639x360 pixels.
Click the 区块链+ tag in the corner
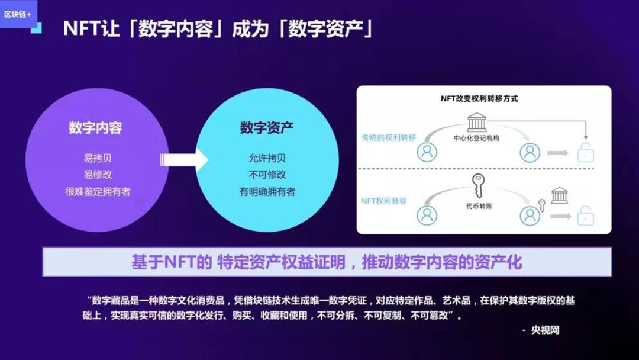click(x=18, y=13)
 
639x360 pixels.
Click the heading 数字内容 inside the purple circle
click(x=95, y=127)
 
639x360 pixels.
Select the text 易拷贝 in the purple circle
click(x=98, y=158)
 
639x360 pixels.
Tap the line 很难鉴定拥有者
click(x=98, y=191)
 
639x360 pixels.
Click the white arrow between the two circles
click(x=183, y=159)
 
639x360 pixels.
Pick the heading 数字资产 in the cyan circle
click(x=267, y=127)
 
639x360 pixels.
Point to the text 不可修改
click(x=267, y=175)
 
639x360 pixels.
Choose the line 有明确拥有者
click(x=267, y=191)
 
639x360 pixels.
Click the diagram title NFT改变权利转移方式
click(x=479, y=99)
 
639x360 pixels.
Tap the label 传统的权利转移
click(x=389, y=137)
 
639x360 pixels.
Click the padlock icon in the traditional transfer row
click(x=585, y=153)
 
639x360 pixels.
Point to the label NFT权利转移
click(x=384, y=201)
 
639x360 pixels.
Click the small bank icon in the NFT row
click(x=559, y=195)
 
